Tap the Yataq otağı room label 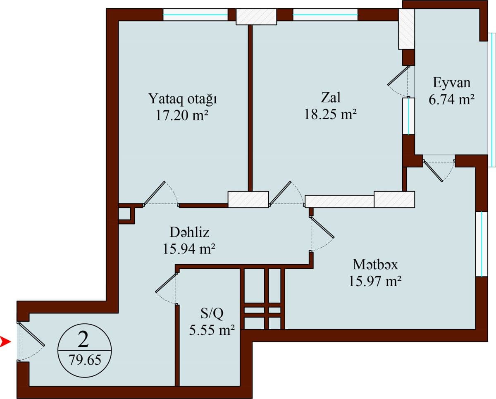183,100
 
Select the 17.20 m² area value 181,115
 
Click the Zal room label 331,98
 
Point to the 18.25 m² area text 330,114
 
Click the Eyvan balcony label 451,83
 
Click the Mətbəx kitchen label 375,264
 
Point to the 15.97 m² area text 375,281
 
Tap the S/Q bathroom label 212,314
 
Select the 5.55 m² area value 212,330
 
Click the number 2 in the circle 83,340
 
